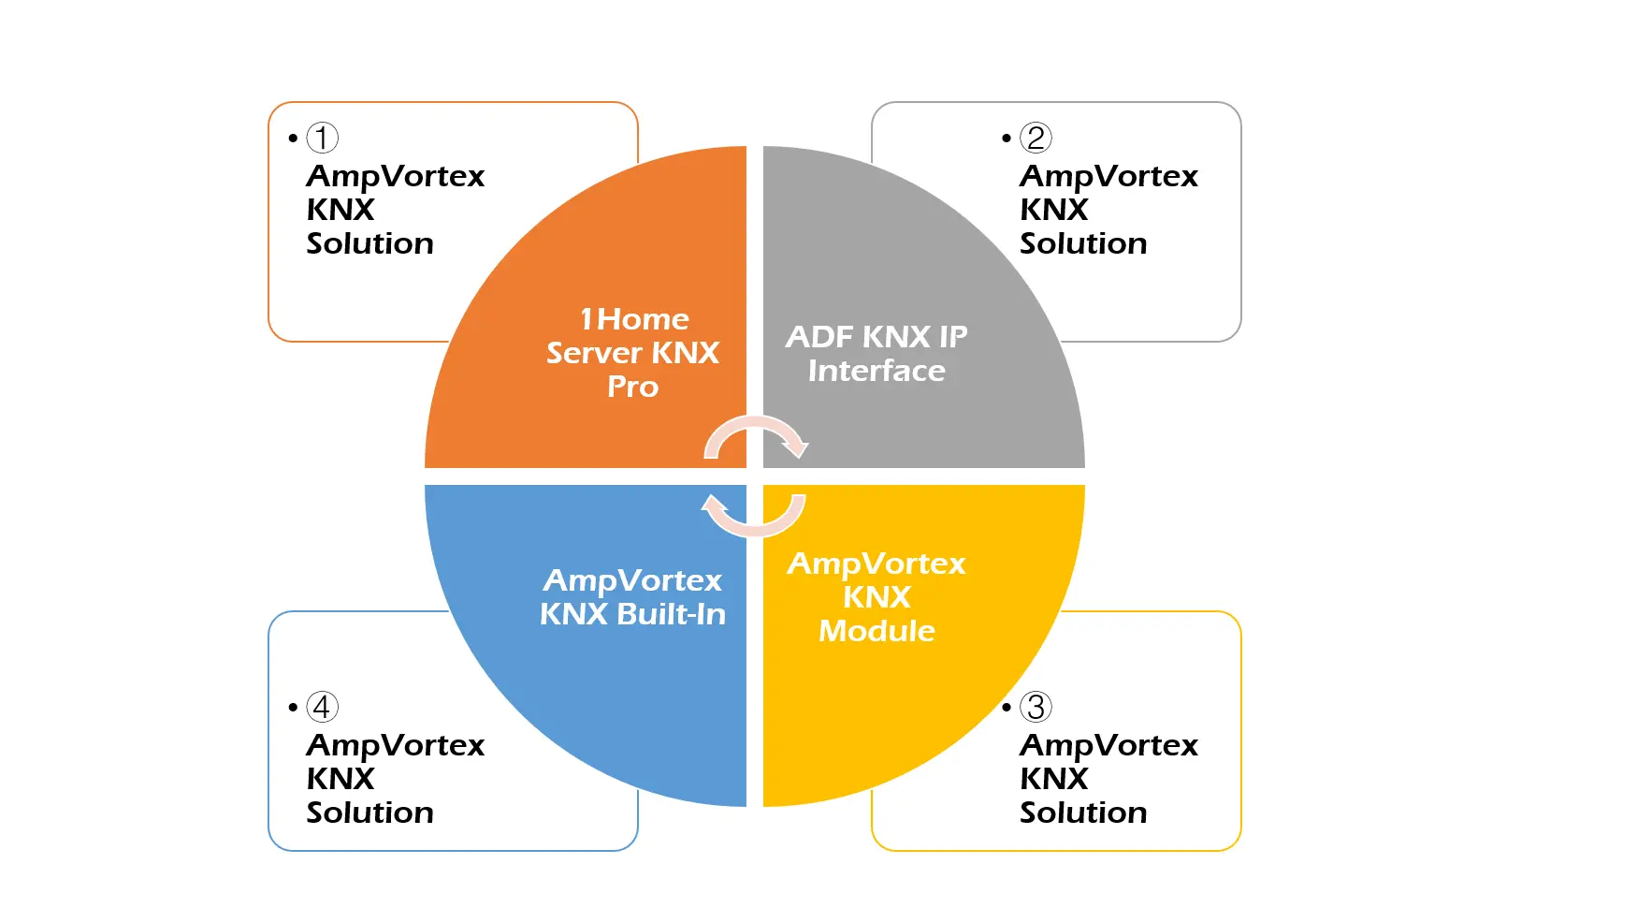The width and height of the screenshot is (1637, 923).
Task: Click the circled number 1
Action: click(322, 138)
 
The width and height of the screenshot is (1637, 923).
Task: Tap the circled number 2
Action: click(1036, 138)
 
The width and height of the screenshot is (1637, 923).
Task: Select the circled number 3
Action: click(1036, 707)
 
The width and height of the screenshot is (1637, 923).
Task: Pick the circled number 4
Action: click(322, 707)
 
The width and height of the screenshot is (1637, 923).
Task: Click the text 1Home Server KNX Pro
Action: click(633, 353)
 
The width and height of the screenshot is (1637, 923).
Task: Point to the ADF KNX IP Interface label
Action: click(876, 354)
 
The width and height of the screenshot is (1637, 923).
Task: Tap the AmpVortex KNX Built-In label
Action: click(632, 597)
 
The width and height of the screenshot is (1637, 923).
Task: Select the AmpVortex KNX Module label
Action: click(876, 597)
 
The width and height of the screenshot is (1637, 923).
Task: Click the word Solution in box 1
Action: click(369, 243)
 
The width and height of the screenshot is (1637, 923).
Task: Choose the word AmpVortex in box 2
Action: click(1108, 176)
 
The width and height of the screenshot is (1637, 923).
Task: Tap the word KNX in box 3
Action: click(1053, 779)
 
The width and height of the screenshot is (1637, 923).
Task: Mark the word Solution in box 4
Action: click(369, 813)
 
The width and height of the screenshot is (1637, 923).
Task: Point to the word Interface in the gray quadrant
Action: click(876, 371)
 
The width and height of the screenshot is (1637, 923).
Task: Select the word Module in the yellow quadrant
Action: click(876, 631)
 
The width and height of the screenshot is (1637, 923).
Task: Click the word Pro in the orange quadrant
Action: click(633, 387)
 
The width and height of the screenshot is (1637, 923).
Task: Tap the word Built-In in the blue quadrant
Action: click(672, 614)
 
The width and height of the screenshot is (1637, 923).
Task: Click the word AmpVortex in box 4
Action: click(395, 745)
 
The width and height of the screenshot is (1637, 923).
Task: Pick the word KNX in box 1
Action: click(340, 210)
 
